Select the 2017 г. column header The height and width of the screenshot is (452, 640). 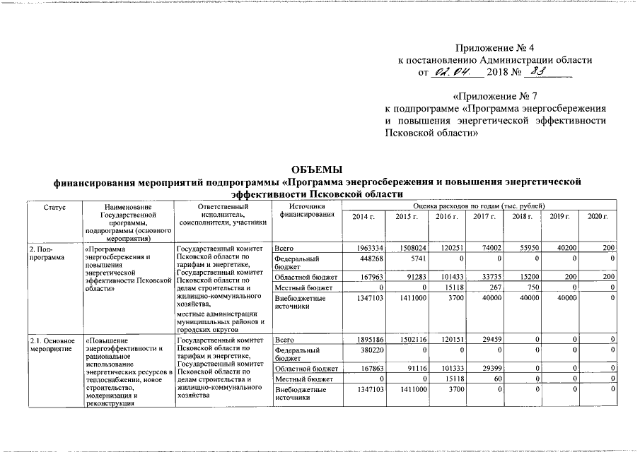point(483,215)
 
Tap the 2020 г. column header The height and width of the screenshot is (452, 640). point(598,215)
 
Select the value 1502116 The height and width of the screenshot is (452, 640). point(409,341)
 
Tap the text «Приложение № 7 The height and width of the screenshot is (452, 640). point(496,95)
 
